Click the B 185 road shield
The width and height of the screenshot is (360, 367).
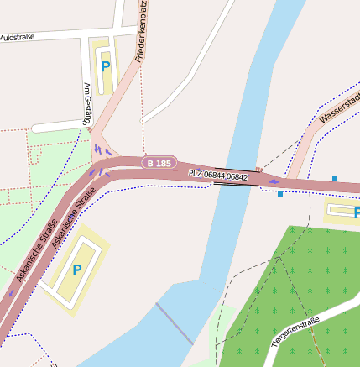[159, 163]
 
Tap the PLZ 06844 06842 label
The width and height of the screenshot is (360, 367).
[218, 176]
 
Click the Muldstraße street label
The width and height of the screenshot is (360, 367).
[18, 38]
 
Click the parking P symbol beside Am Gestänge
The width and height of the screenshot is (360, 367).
[105, 66]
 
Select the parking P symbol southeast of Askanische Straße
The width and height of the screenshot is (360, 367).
[76, 270]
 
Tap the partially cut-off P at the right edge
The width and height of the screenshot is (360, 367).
[356, 212]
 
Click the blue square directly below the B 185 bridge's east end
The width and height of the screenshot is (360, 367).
[280, 193]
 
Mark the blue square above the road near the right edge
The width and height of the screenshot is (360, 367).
[335, 179]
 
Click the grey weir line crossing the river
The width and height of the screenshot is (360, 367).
[175, 323]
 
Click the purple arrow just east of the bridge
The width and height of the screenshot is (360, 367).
[274, 181]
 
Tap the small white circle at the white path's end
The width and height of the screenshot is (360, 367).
[143, 121]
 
